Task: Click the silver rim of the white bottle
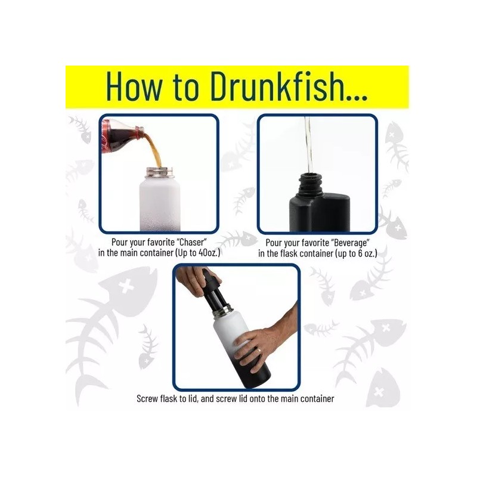[158, 171]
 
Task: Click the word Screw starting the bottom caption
[149, 398]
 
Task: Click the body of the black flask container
[322, 209]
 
